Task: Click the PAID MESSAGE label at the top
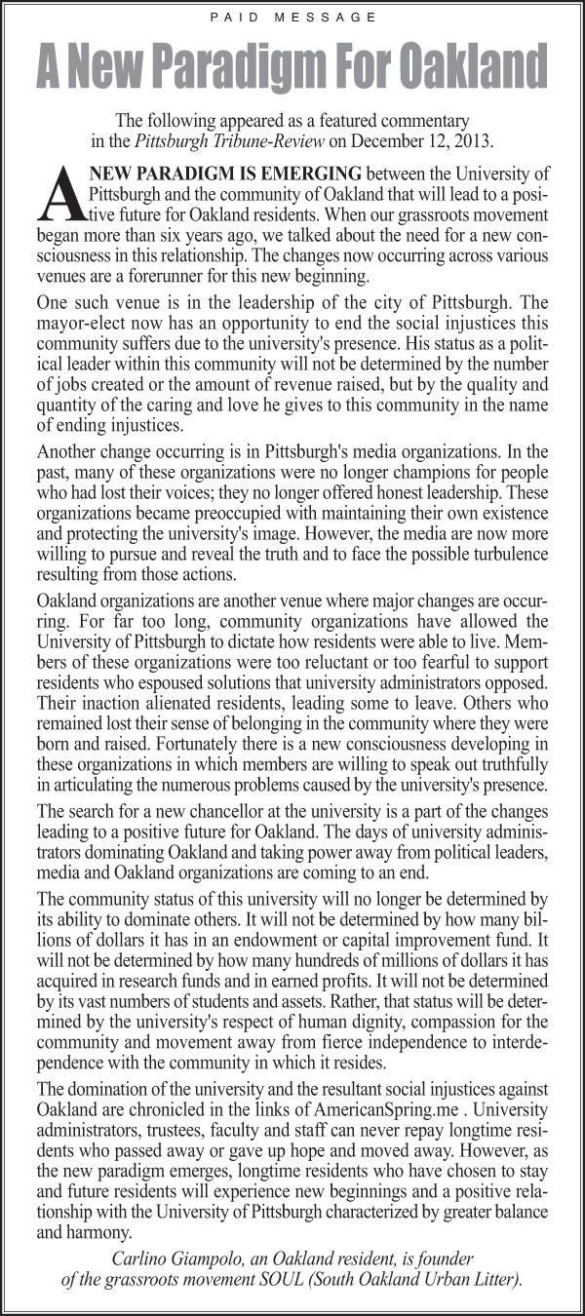(292, 18)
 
